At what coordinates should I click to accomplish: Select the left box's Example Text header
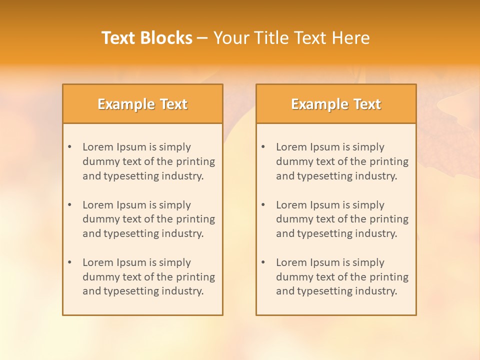click(x=142, y=104)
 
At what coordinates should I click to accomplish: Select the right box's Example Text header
click(x=336, y=104)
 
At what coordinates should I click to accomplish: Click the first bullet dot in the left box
click(x=69, y=147)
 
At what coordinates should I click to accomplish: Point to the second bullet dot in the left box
click(x=69, y=205)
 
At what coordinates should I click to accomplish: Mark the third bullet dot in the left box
click(x=69, y=262)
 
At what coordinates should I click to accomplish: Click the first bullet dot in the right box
click(x=263, y=147)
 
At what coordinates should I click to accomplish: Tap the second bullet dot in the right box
click(x=263, y=205)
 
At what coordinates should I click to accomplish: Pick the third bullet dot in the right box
click(x=263, y=262)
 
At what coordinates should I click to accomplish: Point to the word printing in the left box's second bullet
click(x=196, y=219)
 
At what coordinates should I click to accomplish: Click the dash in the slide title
click(x=202, y=38)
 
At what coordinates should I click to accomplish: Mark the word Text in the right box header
click(x=367, y=104)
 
